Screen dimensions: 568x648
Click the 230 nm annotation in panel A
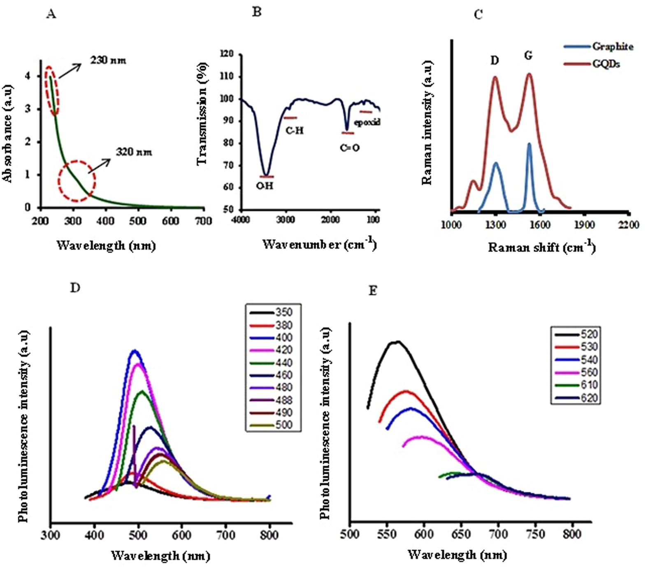pyautogui.click(x=108, y=61)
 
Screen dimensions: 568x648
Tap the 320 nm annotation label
pyautogui.click(x=134, y=152)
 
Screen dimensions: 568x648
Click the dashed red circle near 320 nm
pyautogui.click(x=77, y=180)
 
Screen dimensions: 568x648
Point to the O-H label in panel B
pyautogui.click(x=265, y=186)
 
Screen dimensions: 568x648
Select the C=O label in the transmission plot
pyautogui.click(x=350, y=147)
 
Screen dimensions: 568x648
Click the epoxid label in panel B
pyautogui.click(x=367, y=122)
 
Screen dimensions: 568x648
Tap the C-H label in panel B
pyautogui.click(x=295, y=131)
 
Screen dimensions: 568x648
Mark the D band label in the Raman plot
pyautogui.click(x=495, y=61)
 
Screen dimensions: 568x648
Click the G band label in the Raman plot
pyautogui.click(x=528, y=55)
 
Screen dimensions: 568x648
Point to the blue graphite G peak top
pyautogui.click(x=529, y=144)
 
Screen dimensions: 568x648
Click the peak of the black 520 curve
pyautogui.click(x=397, y=341)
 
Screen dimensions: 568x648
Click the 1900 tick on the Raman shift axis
pyautogui.click(x=584, y=225)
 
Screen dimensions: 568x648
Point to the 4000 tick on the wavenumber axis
pyautogui.click(x=241, y=220)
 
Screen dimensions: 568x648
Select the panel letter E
pyautogui.click(x=373, y=291)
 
